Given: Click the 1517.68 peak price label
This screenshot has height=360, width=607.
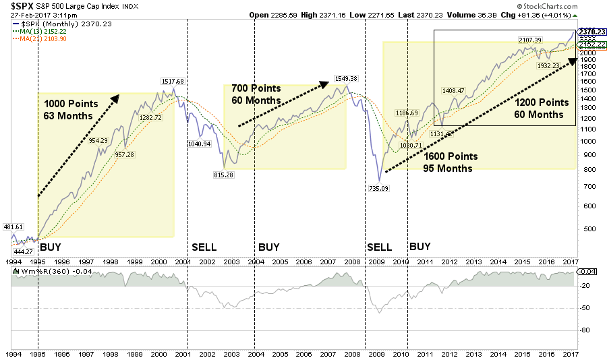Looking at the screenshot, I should coord(173,82).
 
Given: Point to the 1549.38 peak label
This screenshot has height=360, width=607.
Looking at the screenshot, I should coord(346,79).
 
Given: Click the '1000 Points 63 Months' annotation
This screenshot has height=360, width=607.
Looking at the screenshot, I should coord(71,110).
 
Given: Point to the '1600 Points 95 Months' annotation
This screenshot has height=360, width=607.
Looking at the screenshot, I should coord(451,162).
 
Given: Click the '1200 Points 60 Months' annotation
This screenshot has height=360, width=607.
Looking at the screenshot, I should coord(542,109).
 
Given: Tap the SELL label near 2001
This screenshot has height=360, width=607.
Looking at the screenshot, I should coord(204,247).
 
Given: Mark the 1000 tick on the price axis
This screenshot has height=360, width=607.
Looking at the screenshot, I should coord(585,141).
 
